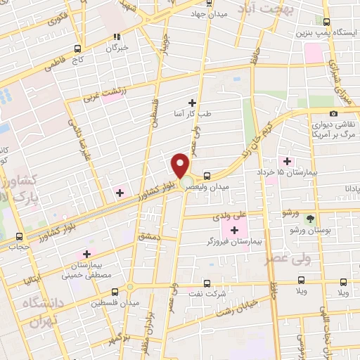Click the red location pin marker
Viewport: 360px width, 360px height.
pyautogui.click(x=181, y=166)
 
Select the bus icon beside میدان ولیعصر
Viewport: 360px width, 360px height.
pyautogui.click(x=206, y=176)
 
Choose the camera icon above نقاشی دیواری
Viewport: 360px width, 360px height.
pyautogui.click(x=333, y=113)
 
